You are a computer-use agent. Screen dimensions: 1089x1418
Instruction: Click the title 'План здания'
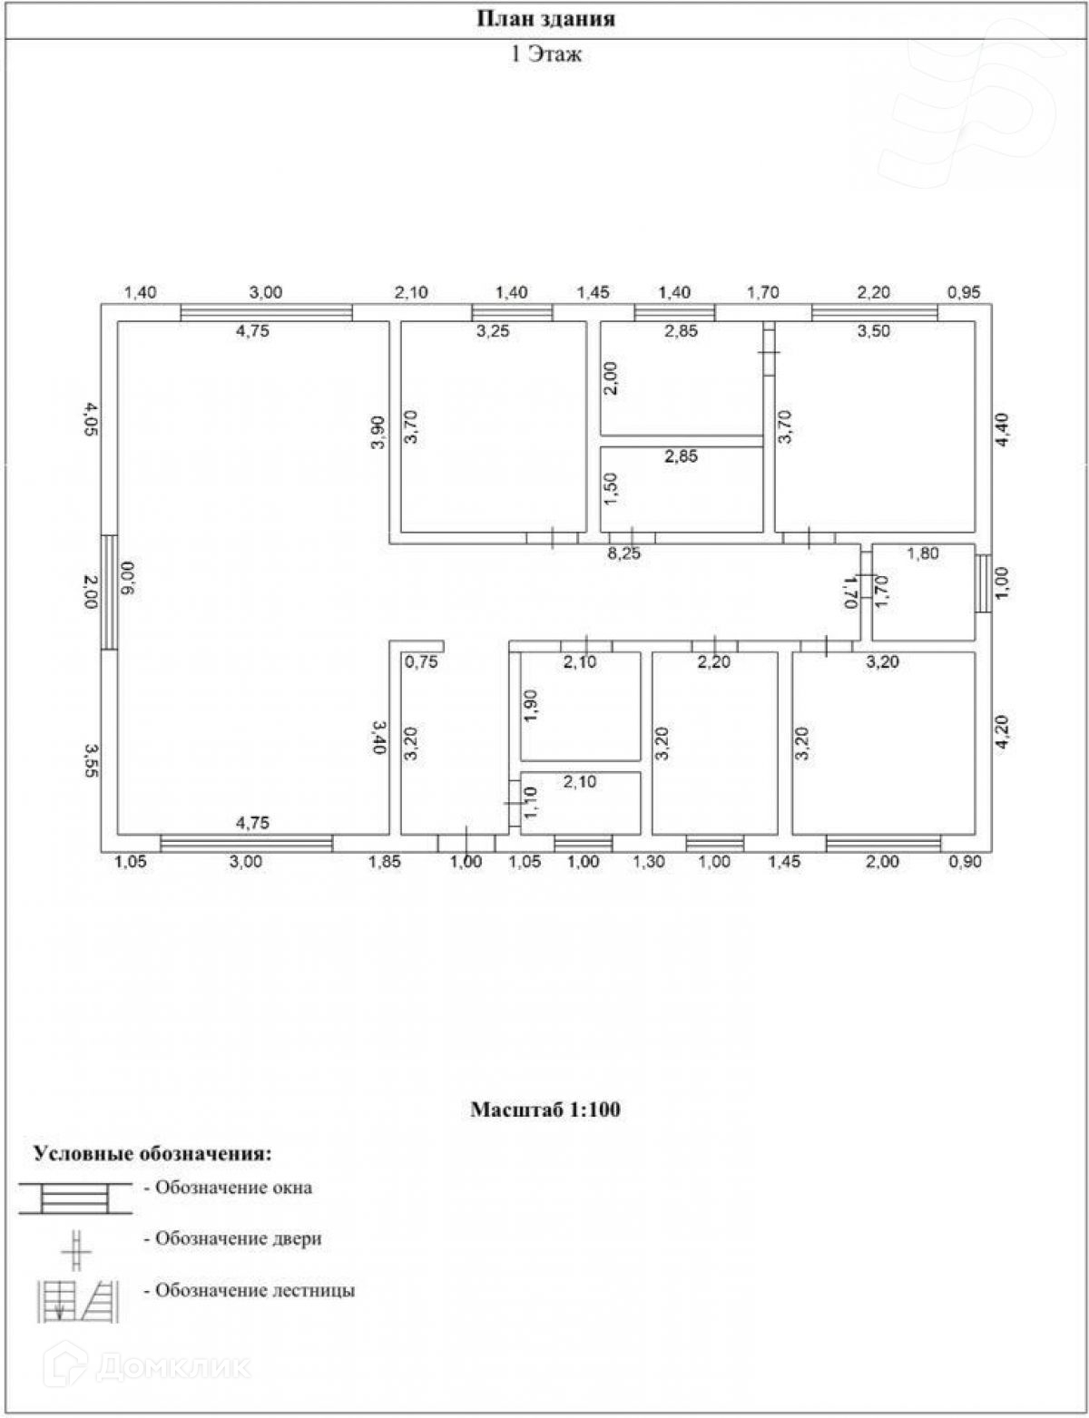point(545,19)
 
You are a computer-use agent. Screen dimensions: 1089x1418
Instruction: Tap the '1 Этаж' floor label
point(545,54)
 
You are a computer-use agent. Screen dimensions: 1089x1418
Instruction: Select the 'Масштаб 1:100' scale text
point(545,1109)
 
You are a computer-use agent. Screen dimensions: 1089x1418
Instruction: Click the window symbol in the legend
point(75,1198)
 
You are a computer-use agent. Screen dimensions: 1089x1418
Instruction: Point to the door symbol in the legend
point(76,1248)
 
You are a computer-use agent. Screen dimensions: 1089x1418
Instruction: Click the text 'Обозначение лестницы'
point(255,1290)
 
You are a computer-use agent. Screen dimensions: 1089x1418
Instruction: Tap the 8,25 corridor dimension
point(623,554)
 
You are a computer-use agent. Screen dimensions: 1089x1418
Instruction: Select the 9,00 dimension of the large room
point(128,578)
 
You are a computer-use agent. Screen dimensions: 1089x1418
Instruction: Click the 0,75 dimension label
point(421,661)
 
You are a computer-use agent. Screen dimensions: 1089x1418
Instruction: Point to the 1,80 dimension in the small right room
point(923,553)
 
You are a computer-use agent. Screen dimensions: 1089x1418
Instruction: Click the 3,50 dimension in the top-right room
point(874,331)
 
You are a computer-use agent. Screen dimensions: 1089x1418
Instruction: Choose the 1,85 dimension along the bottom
point(385,862)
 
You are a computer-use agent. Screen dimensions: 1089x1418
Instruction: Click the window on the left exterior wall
point(109,592)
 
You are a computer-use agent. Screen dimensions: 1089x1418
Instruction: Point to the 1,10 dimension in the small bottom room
point(532,802)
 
